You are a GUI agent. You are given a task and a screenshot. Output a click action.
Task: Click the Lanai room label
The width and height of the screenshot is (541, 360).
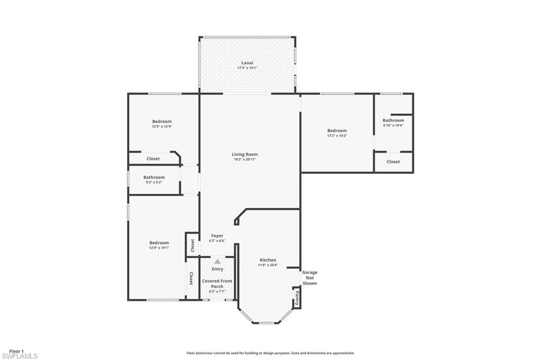(x=247, y=63)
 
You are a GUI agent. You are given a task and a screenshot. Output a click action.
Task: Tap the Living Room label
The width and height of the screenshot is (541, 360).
(x=245, y=154)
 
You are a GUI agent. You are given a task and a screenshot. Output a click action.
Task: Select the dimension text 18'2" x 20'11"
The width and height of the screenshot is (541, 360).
(x=245, y=159)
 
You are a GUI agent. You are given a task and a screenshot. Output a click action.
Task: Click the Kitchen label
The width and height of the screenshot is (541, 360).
(x=268, y=260)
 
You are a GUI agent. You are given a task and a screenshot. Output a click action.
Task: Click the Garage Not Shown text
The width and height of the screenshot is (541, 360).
(x=310, y=278)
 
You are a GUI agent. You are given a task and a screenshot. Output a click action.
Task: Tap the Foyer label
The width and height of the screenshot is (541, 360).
(x=217, y=235)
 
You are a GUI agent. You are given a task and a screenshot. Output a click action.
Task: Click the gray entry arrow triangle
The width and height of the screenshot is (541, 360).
(x=217, y=261)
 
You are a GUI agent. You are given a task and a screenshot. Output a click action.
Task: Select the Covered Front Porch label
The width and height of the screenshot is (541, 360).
(x=217, y=283)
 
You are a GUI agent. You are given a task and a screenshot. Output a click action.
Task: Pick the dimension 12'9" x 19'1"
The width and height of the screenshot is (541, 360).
(x=159, y=248)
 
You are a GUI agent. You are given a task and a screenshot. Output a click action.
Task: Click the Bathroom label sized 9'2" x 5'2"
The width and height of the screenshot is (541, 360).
(x=154, y=177)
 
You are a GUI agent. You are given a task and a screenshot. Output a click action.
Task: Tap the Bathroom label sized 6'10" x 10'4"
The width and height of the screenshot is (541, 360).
(x=393, y=120)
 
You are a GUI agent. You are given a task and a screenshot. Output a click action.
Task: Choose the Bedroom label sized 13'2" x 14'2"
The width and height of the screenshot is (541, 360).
(x=337, y=130)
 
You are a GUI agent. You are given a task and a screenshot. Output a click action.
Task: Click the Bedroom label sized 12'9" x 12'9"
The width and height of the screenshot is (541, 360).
(x=162, y=121)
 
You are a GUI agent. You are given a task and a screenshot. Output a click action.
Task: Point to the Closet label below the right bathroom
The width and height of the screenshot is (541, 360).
(x=393, y=162)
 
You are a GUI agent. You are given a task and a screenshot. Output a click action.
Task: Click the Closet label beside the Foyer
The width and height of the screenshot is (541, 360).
(x=192, y=245)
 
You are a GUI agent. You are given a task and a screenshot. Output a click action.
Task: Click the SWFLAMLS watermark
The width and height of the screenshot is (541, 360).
(x=20, y=356)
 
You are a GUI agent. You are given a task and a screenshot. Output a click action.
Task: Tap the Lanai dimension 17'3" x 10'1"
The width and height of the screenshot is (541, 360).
(x=247, y=68)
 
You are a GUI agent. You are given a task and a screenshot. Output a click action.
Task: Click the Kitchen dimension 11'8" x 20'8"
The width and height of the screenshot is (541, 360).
(x=268, y=265)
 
